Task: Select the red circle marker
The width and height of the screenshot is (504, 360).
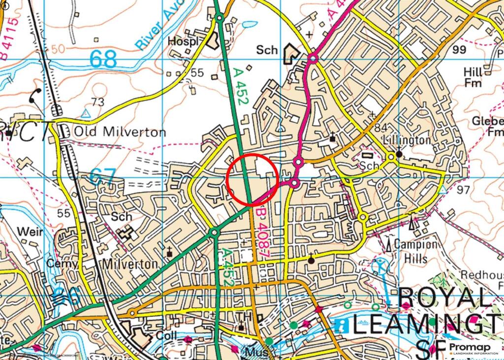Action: [x=253, y=179]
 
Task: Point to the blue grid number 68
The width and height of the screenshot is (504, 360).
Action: [x=103, y=59]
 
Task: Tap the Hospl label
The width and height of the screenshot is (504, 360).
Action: [x=183, y=41]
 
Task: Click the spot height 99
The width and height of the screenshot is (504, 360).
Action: [x=459, y=49]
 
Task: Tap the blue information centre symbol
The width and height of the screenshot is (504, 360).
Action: [x=341, y=325]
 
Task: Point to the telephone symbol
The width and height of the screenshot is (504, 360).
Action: [x=35, y=97]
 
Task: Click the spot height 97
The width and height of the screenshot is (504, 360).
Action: [x=464, y=190]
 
